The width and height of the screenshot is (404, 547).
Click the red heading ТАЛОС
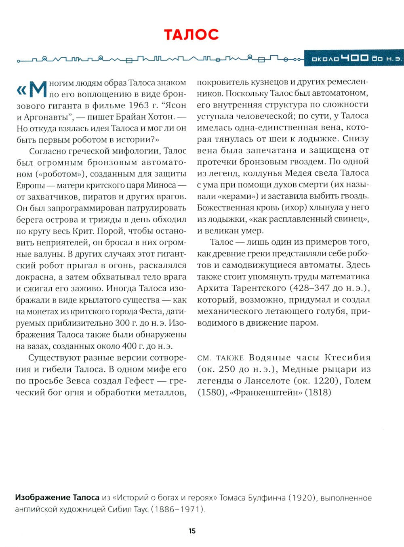[x=191, y=35]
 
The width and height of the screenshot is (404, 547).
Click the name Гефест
[x=140, y=381]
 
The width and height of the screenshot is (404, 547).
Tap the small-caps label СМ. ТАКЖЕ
[x=221, y=358]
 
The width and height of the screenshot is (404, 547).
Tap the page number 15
[x=192, y=531]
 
